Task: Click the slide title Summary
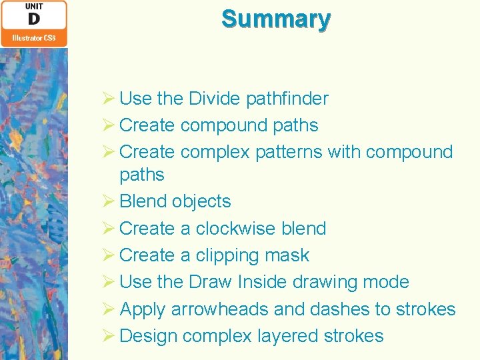(276, 19)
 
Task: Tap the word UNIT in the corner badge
(34, 7)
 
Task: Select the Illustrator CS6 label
(34, 38)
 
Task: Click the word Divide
(215, 99)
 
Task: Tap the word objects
(201, 201)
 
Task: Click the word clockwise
(227, 229)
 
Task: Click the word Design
(148, 336)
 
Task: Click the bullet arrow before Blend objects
(110, 201)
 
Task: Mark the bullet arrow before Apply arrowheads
(110, 309)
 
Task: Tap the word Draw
(210, 282)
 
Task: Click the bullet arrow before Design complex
(110, 336)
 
